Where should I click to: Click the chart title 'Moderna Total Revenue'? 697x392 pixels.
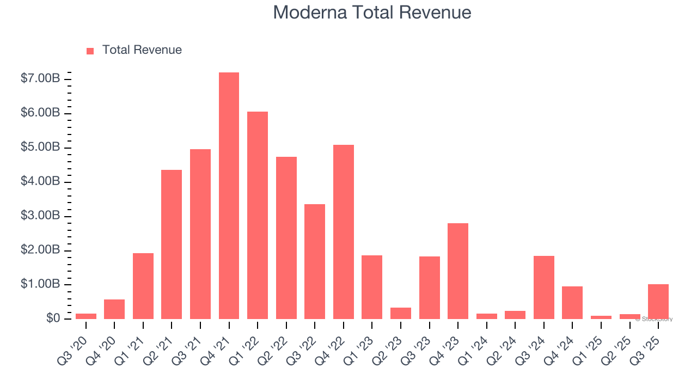[x=372, y=13]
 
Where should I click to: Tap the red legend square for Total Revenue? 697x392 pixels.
[x=90, y=51]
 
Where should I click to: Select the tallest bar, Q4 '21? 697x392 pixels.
[x=229, y=196]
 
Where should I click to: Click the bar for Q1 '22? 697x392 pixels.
[x=258, y=215]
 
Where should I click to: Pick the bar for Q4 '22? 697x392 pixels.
[x=344, y=231]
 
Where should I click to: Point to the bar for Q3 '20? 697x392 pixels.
[x=86, y=316]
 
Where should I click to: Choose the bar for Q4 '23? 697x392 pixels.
[x=458, y=271]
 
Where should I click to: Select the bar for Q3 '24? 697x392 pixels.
[x=544, y=287]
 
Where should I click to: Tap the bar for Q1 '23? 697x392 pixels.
[x=372, y=287]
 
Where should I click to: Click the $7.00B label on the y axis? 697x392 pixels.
[x=40, y=79]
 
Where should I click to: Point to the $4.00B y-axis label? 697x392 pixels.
[x=40, y=182]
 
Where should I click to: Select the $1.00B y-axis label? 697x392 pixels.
[x=40, y=284]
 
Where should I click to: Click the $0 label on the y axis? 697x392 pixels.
[x=52, y=318]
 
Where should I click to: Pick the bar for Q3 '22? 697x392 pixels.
[x=315, y=261]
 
